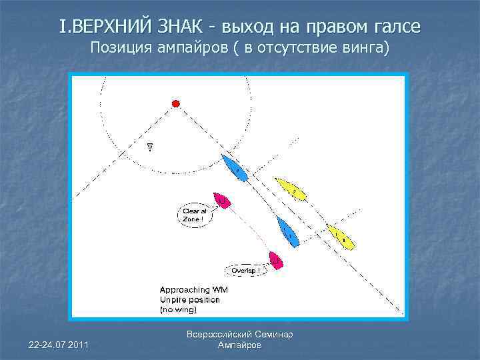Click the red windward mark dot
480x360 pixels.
176,103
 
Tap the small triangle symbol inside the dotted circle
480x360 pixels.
150,147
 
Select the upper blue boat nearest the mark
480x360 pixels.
235,168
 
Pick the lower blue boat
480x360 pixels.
287,231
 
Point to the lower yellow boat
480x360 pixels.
340,237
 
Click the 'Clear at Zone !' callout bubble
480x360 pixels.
191,215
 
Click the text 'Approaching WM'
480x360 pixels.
193,290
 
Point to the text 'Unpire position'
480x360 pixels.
189,300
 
